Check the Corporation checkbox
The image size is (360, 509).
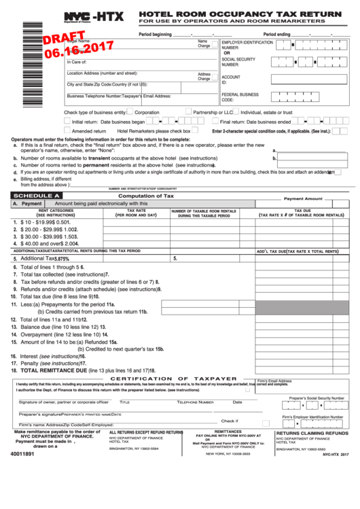coord(130,112)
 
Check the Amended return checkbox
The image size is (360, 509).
coord(67,130)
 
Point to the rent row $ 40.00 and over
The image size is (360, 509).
coord(45,243)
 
